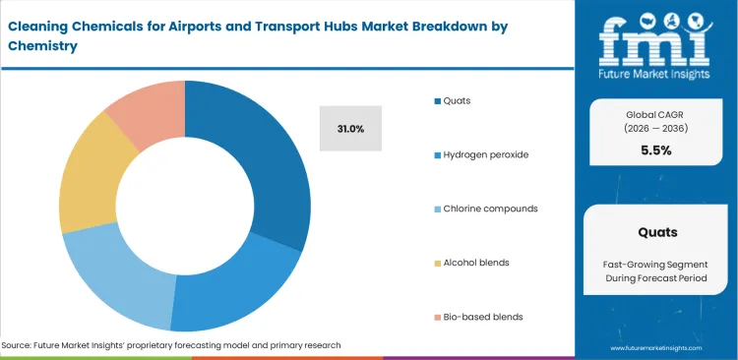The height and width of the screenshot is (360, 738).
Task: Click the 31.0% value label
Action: coord(350,129)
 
